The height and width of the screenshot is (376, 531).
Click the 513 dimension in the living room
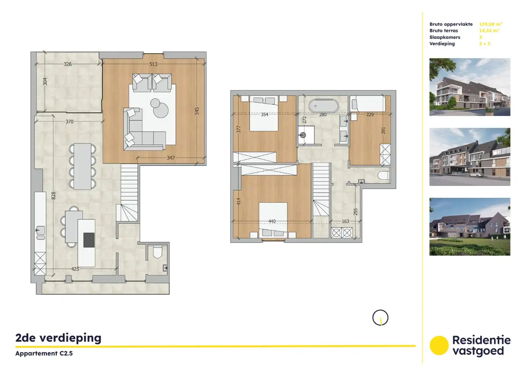(x=153, y=64)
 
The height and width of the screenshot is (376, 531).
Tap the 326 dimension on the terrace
(x=67, y=64)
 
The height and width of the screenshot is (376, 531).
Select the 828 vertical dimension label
(x=54, y=196)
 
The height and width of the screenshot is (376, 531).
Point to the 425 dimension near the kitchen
(x=75, y=269)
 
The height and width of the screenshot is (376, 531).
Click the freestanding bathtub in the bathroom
(x=323, y=106)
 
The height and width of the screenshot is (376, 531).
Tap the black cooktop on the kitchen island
(x=89, y=240)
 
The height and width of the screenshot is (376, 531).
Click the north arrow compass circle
(x=380, y=318)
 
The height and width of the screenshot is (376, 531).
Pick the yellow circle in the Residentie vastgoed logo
(x=439, y=345)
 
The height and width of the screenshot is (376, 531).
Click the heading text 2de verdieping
(x=58, y=338)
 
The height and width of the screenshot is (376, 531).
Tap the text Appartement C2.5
(x=44, y=353)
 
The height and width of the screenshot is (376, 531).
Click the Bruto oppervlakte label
(x=451, y=24)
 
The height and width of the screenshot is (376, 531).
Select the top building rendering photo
(x=469, y=87)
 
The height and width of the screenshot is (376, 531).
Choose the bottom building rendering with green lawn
(x=469, y=227)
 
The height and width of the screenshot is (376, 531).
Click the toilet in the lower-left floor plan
(x=158, y=252)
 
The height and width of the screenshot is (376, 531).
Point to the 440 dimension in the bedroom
(x=272, y=221)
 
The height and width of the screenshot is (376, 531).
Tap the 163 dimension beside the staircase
(x=345, y=221)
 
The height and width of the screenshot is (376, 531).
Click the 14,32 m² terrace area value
(x=489, y=31)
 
